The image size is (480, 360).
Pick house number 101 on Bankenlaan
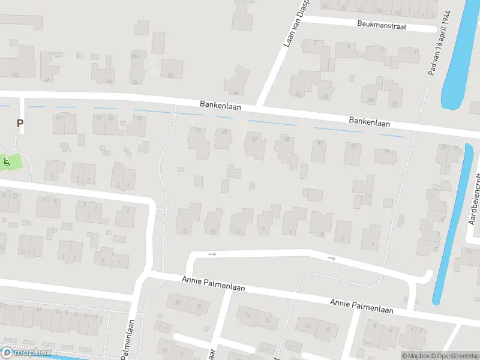tap(59, 117)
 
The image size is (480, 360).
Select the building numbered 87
tap(254, 140)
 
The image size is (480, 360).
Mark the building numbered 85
tap(287, 140)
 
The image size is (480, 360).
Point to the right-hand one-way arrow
tap(332, 258)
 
